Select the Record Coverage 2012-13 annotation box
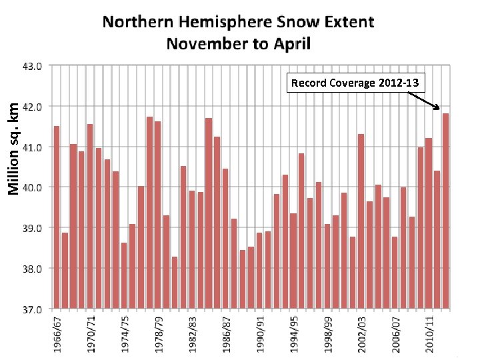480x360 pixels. coord(355,83)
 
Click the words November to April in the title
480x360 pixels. coord(238,44)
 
